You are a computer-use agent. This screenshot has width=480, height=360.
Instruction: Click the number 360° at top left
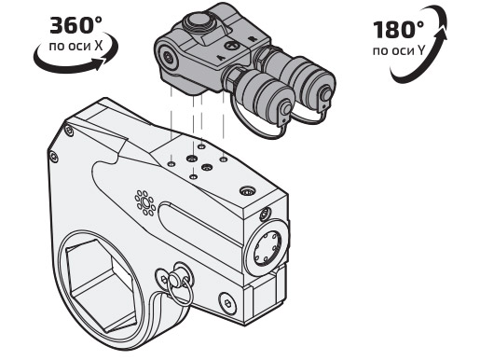click(75, 25)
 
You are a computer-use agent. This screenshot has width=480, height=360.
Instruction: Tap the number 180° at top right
click(398, 30)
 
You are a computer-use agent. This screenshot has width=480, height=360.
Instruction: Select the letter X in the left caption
click(98, 46)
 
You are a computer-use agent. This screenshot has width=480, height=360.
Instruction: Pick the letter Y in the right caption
click(420, 50)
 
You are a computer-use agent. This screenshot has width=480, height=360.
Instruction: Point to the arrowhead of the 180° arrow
click(442, 34)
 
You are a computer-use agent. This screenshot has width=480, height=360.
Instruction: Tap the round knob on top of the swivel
click(197, 21)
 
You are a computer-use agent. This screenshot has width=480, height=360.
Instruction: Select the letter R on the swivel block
click(252, 39)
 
